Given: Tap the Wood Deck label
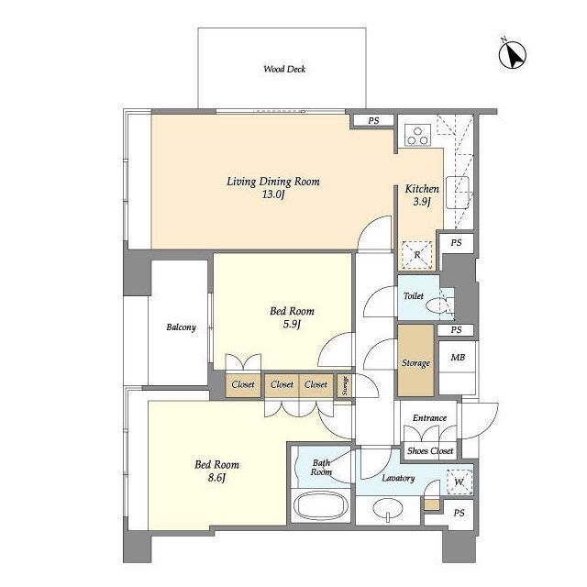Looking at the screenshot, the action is [x=284, y=69].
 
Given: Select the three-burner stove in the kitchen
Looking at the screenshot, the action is [x=417, y=136].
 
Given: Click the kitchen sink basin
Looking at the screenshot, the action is [x=458, y=192].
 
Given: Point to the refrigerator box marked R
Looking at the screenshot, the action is [x=417, y=255].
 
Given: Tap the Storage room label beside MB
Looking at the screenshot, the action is [x=415, y=363].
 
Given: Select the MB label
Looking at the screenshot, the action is [x=458, y=358].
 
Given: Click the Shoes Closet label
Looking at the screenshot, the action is [x=430, y=450].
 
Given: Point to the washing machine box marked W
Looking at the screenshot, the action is [x=460, y=482].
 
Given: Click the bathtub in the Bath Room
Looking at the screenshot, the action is [x=321, y=505].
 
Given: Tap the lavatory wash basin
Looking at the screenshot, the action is [x=388, y=510].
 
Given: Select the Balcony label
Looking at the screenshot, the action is [x=181, y=327].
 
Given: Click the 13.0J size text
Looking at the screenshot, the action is [x=273, y=194].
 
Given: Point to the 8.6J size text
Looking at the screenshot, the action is [x=216, y=478].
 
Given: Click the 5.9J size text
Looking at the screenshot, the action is [x=292, y=324].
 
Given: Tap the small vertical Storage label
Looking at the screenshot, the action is [x=345, y=385].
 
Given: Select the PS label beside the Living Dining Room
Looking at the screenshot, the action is [x=373, y=120].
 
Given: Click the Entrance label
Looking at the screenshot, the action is [x=429, y=418].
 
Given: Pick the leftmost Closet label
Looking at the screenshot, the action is [x=243, y=384].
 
